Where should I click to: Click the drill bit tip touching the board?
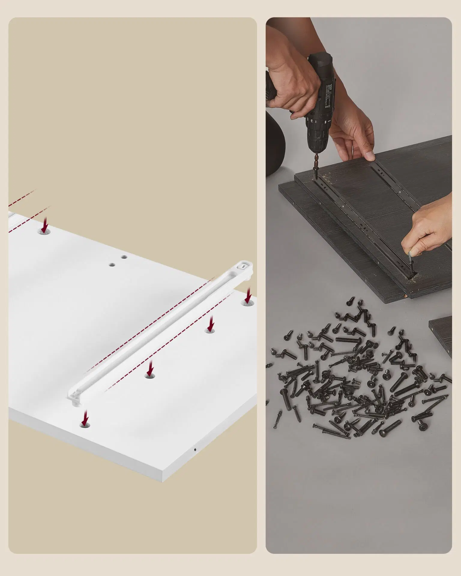click(316, 179)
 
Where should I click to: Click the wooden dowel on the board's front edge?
click(406, 295)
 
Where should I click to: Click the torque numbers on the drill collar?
click(314, 121)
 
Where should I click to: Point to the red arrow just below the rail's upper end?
click(248, 295)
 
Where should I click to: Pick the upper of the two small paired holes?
click(124, 257)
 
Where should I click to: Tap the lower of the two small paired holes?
click(112, 265)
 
